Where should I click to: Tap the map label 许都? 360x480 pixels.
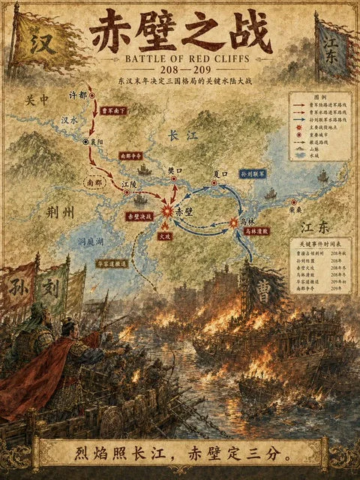[x=77, y=95]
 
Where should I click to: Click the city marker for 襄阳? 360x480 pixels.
[x=87, y=141]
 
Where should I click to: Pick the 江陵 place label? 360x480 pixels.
[x=129, y=184]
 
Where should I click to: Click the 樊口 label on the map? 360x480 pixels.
[x=174, y=171]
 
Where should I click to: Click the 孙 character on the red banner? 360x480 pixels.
[x=18, y=286]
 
